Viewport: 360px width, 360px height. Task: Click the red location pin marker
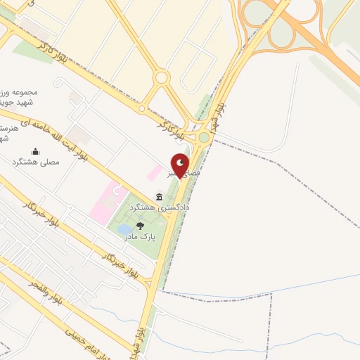[180, 165]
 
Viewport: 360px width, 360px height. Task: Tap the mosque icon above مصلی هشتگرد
[36, 151]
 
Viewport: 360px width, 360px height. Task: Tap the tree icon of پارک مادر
[140, 226]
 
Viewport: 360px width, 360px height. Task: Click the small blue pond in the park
[124, 230]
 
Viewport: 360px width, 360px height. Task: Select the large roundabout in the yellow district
[162, 77]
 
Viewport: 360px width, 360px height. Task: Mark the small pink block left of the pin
[153, 172]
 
